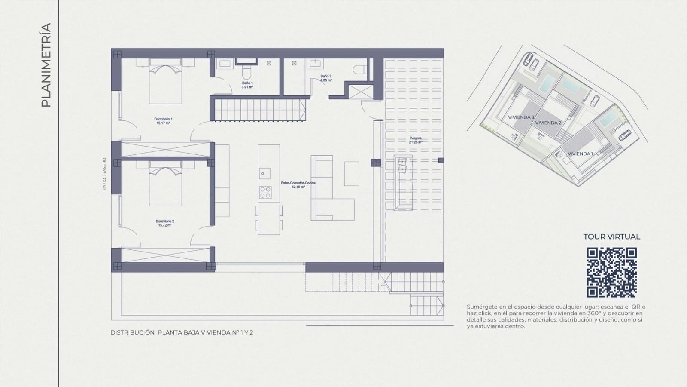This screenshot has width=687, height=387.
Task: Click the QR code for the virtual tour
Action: (611, 273)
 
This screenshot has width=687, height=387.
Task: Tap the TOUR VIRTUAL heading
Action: (611, 236)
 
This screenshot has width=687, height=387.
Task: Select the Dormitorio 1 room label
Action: (163, 121)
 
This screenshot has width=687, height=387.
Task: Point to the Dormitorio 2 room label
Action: (164, 223)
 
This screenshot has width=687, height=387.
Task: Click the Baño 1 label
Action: (247, 85)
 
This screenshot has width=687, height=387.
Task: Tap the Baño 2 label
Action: (326, 78)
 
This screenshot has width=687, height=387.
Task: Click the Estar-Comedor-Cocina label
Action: (298, 185)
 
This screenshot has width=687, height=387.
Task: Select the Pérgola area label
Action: (415, 140)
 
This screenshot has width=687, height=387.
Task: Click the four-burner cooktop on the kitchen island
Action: (265, 192)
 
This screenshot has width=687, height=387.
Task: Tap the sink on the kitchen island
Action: (264, 174)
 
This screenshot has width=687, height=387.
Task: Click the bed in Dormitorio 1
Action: (165, 82)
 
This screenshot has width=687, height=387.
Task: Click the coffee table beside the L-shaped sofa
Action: (351, 174)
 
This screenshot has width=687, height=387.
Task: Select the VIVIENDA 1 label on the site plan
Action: (580, 154)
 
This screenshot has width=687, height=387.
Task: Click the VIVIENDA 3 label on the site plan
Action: (521, 117)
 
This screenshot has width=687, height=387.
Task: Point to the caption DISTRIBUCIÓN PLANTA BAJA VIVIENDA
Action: (182, 332)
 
